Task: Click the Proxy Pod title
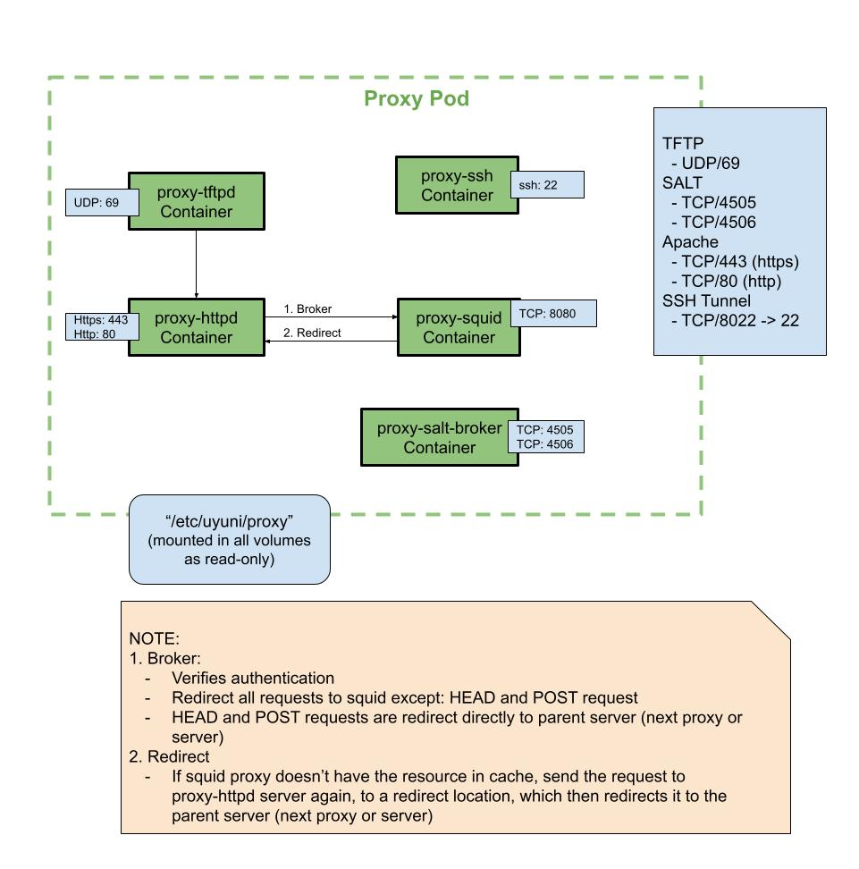[x=416, y=98]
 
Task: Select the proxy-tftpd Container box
[x=196, y=201]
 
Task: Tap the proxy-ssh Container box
[x=457, y=185]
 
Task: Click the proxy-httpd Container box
[x=196, y=327]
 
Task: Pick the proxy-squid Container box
[x=458, y=327]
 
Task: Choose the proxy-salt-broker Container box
[x=439, y=437]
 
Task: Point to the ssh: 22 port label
[x=547, y=185]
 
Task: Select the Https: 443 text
[x=101, y=320]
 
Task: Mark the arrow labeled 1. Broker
[x=331, y=316]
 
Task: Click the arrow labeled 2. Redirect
[x=331, y=341]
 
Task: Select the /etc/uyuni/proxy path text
[x=230, y=521]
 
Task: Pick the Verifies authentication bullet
[x=253, y=678]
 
